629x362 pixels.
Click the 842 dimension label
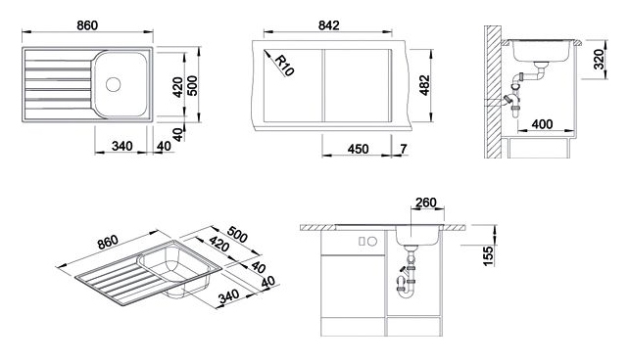[328, 25]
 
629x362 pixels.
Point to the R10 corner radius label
[284, 66]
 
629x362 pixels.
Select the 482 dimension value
[424, 85]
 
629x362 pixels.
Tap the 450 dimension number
[358, 149]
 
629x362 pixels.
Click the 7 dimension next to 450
[404, 149]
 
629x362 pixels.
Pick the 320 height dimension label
[599, 60]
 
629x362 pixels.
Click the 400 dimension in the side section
[542, 124]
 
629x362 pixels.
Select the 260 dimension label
[425, 203]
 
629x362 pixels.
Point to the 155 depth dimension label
[488, 256]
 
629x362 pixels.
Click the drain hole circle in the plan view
[113, 84]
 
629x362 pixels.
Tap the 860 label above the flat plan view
[87, 25]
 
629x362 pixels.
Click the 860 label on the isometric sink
[108, 242]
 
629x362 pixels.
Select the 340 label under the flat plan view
[121, 146]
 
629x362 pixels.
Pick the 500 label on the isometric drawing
[237, 235]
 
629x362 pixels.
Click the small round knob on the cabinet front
[372, 242]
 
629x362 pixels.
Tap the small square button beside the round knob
[362, 242]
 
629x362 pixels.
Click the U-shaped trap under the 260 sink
[408, 295]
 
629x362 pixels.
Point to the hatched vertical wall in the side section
[493, 92]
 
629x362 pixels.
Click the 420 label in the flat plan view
[177, 86]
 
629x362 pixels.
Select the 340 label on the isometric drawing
[228, 296]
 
